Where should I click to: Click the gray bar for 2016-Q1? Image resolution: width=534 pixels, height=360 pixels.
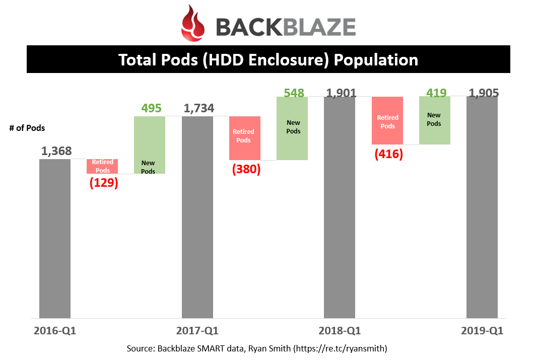55,239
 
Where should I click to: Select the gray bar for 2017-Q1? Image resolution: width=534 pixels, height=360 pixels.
197,218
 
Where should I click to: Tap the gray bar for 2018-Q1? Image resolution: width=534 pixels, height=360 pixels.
340,207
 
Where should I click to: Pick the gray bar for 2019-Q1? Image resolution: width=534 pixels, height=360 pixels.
482,207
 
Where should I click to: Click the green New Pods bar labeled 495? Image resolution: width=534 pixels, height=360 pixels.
150,145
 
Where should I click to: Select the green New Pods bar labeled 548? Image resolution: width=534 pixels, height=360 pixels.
292,128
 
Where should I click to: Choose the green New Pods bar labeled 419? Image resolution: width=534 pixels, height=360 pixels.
435,120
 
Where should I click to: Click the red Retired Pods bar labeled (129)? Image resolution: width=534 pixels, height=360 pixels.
102,166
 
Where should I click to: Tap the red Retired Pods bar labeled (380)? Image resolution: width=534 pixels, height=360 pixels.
245,138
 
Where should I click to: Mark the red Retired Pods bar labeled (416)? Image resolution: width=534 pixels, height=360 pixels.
387,121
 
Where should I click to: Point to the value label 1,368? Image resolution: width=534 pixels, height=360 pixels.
56,151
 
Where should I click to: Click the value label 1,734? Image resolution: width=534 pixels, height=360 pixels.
199,108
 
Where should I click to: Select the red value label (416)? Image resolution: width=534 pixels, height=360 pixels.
389,154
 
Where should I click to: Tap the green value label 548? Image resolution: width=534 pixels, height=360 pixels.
294,93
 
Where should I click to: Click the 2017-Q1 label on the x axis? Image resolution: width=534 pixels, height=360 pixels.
197,330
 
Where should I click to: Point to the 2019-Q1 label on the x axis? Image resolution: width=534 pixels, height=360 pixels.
482,330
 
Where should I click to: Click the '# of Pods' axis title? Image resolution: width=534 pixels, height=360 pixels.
27,128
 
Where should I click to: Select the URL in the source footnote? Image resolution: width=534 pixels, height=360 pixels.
341,348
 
